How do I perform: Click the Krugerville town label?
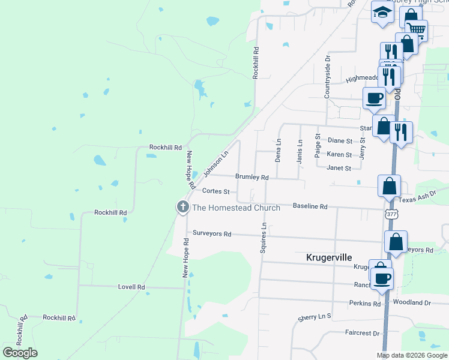tap(329, 257)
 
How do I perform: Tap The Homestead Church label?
tap(235, 208)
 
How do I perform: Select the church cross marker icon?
tap(182, 207)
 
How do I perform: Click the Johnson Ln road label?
tap(216, 164)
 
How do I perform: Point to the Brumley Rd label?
tap(252, 177)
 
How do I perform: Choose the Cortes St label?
tap(216, 191)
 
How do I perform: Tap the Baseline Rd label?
tap(310, 206)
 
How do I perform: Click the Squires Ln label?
tap(263, 238)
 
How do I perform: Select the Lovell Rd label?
tap(131, 287)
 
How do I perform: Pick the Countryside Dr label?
tap(328, 77)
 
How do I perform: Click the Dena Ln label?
tap(278, 151)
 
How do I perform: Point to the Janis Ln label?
tap(299, 151)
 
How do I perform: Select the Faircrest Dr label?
tap(362, 333)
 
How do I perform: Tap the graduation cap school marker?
tap(382, 13)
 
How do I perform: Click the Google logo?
tap(20, 352)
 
